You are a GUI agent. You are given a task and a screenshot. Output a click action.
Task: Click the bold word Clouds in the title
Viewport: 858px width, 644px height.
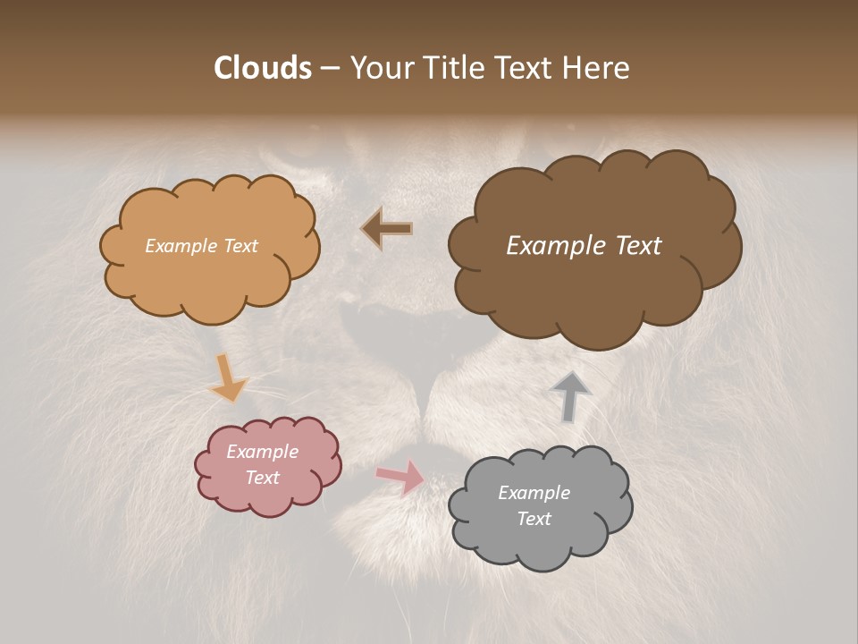point(262,68)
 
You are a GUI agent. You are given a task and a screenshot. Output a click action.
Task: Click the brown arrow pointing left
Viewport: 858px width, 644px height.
point(386,229)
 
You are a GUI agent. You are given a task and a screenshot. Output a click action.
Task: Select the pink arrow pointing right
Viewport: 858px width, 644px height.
point(401,477)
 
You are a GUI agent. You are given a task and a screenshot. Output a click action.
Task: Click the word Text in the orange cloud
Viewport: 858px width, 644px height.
point(239,246)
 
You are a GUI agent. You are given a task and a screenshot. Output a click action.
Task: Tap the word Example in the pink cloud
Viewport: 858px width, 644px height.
point(262,452)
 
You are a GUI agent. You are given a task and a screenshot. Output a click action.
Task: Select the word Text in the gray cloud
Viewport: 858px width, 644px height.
point(534,519)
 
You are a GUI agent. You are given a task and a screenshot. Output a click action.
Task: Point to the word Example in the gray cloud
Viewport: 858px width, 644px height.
point(534,493)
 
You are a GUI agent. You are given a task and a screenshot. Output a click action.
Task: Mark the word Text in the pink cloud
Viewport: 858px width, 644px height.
point(262,478)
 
